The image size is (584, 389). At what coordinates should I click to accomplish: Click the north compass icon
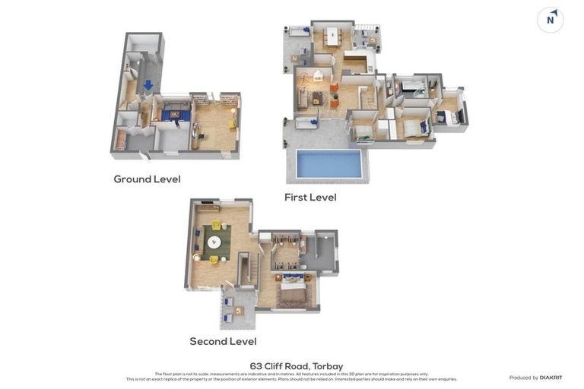550,20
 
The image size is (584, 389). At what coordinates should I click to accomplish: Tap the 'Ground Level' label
147,179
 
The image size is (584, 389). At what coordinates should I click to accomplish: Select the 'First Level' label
310,198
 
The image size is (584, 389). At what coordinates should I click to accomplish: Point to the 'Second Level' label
223,342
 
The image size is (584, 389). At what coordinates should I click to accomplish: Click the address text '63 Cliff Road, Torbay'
297,366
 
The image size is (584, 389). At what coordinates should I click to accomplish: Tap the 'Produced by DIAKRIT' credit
535,378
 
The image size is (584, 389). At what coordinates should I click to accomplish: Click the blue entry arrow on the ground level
148,85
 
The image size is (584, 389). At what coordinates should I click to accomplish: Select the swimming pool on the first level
328,163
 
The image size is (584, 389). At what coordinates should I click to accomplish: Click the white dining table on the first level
332,35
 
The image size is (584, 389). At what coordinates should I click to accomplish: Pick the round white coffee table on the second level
214,243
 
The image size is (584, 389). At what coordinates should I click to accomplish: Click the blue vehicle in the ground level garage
175,115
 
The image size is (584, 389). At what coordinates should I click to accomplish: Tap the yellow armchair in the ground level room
232,125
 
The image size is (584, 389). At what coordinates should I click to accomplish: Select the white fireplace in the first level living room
317,76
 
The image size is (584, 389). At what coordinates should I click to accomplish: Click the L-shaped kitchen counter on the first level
355,61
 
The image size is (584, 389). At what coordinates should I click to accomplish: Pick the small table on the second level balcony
239,311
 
